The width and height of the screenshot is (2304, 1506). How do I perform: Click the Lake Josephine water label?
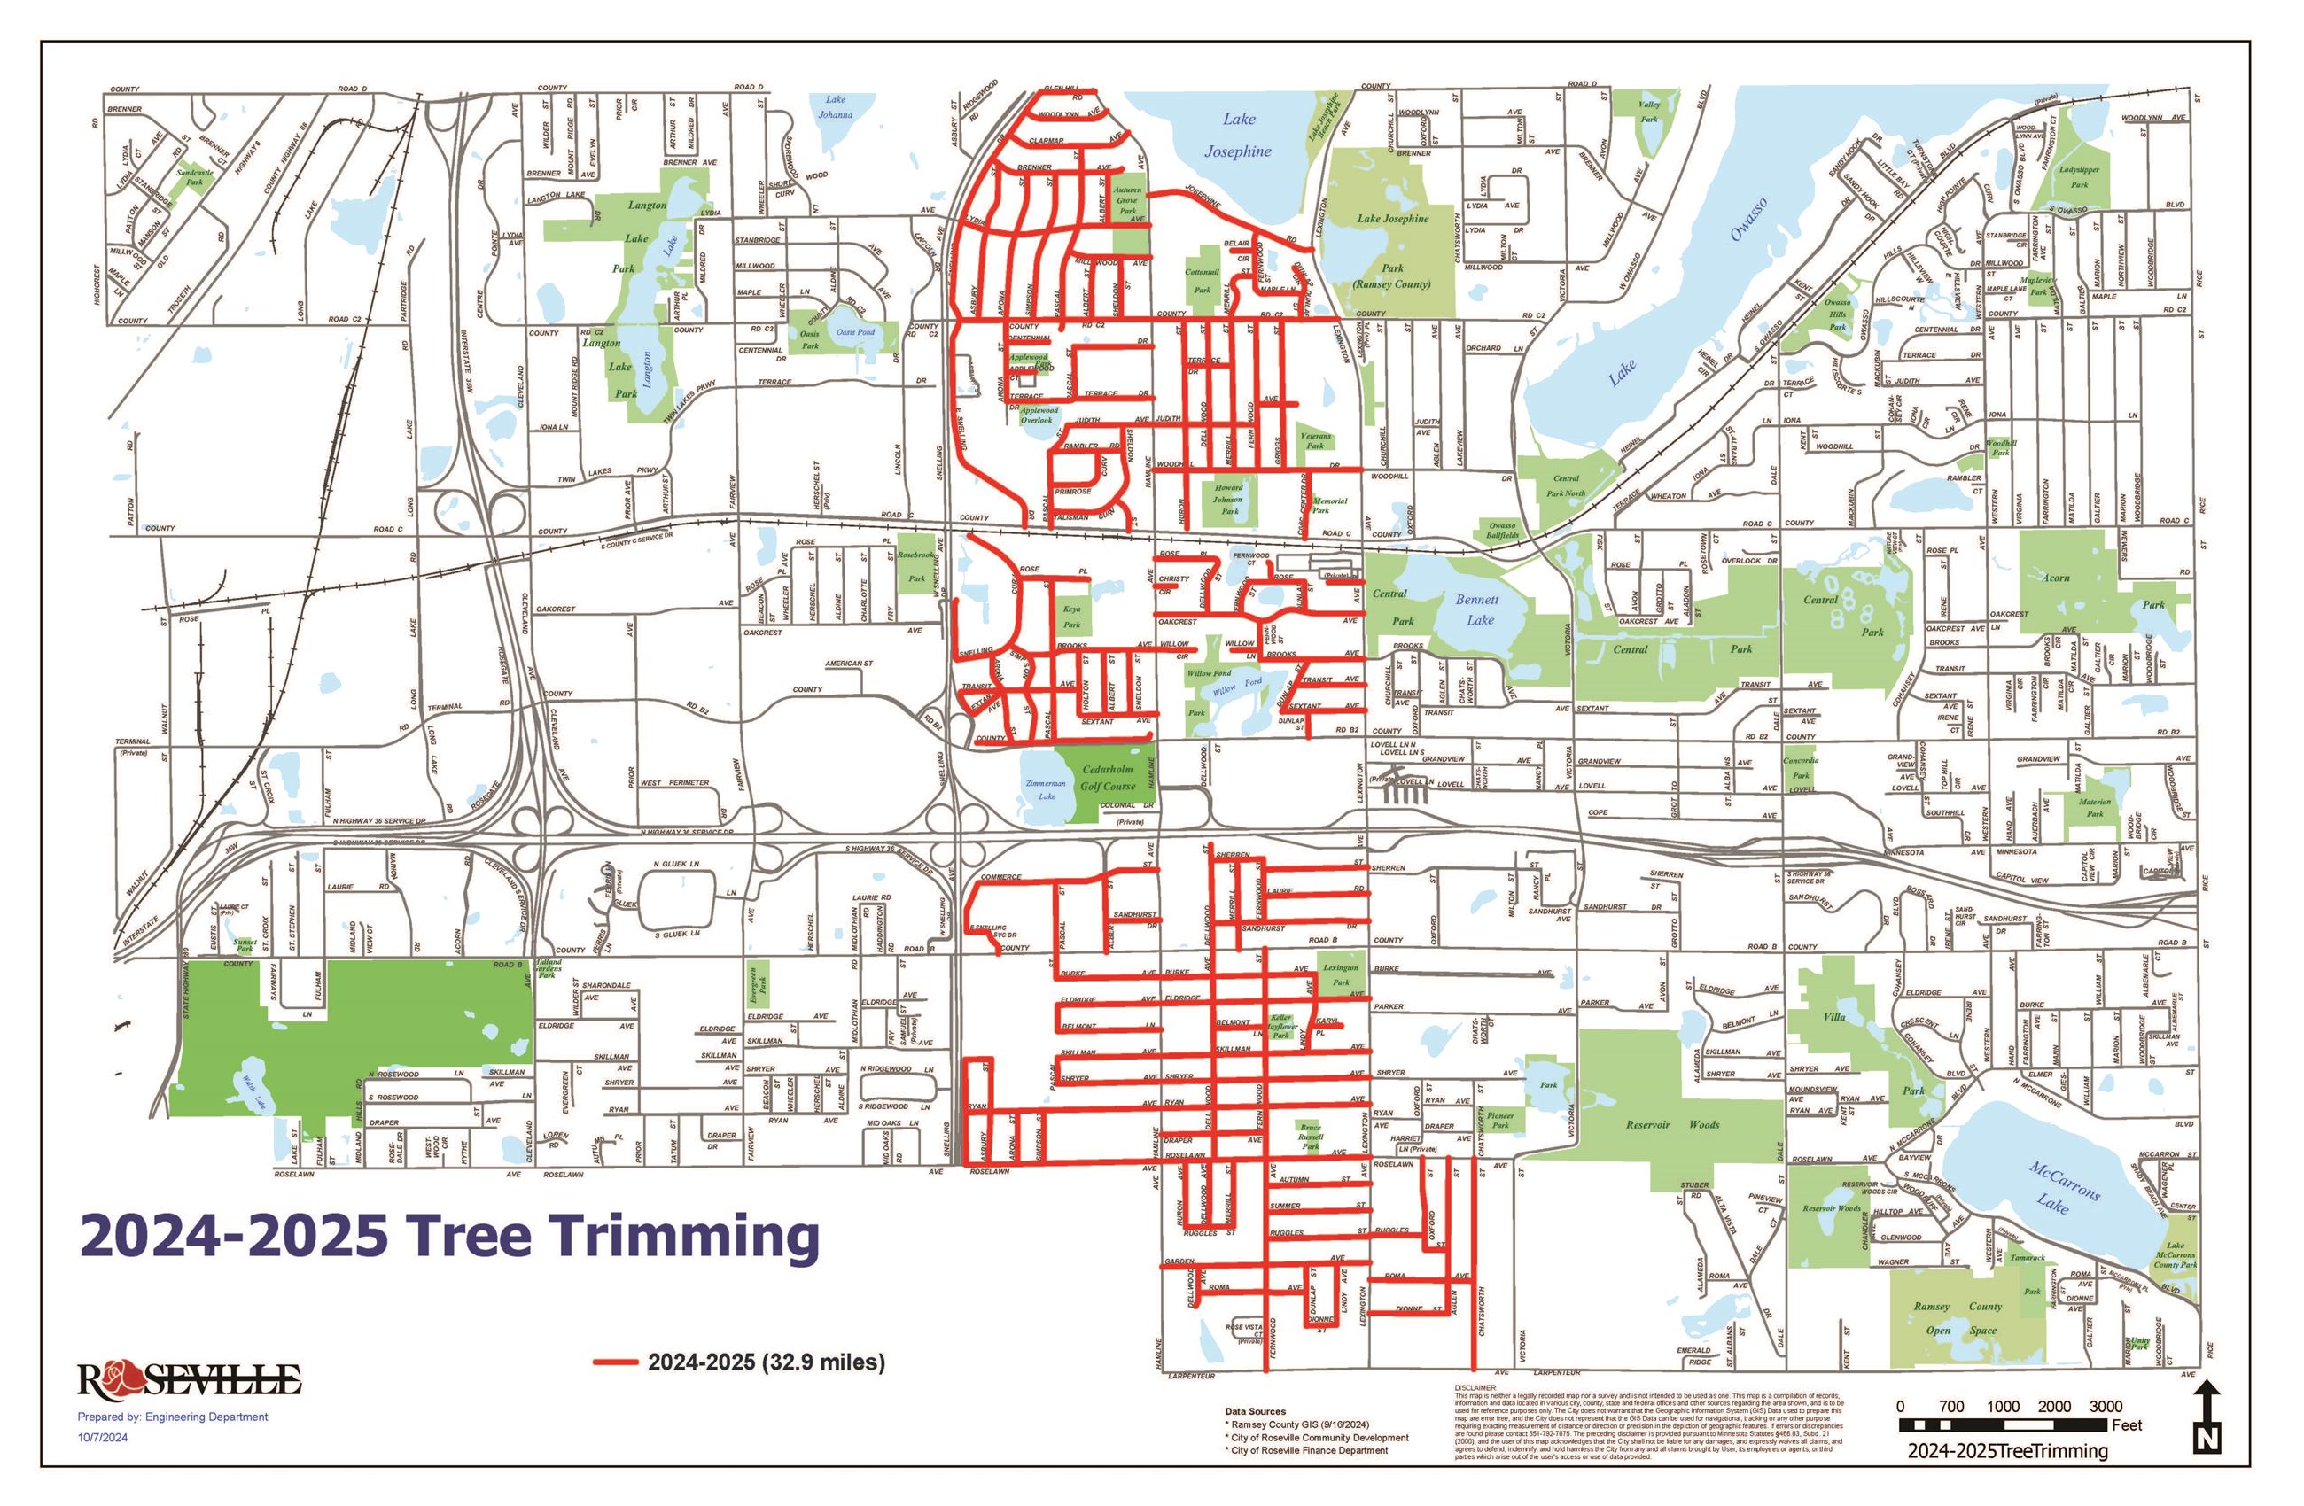[1237, 136]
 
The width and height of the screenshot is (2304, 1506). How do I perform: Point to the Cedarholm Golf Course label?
[1108, 778]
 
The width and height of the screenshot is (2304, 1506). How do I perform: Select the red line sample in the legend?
[615, 1362]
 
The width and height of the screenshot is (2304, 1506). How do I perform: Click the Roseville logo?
[189, 1378]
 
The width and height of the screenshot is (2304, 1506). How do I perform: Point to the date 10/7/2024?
[103, 1437]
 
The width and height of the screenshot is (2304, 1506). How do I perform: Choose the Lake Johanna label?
[836, 106]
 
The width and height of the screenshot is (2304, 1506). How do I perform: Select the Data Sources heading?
[1256, 1412]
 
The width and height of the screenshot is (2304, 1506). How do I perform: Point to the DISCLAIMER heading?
[1475, 1388]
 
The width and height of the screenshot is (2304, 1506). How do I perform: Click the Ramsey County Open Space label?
[1958, 1318]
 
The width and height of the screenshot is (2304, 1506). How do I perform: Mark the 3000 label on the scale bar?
[2106, 1406]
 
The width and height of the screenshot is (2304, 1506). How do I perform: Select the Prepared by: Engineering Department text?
[172, 1417]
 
